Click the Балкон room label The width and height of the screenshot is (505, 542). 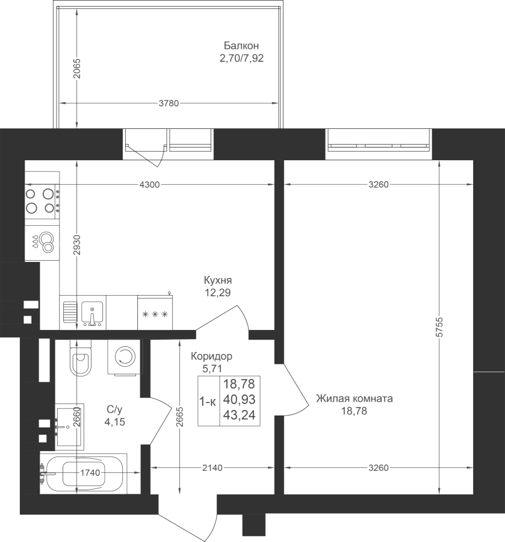[x=241, y=46]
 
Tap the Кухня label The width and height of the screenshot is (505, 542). [x=218, y=279]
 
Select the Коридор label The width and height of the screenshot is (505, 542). [x=211, y=356]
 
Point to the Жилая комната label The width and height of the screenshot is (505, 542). [x=355, y=399]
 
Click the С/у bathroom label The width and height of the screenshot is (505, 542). [x=114, y=410]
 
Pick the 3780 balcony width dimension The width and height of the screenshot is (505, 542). [x=169, y=104]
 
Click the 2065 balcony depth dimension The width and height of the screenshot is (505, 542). [x=76, y=68]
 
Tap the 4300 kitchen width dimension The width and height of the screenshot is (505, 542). [x=149, y=185]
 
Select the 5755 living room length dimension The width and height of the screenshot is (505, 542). [x=439, y=327]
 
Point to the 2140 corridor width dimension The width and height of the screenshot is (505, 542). [x=212, y=468]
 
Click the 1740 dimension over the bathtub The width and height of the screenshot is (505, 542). [x=90, y=473]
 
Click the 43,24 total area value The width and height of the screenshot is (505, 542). [x=240, y=415]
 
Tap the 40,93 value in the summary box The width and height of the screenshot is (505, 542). [x=240, y=400]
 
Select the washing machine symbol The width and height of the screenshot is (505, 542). [x=125, y=357]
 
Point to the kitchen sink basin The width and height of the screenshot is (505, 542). [x=92, y=312]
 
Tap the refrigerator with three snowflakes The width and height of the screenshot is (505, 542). [x=155, y=313]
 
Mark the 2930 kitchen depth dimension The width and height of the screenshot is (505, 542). [x=76, y=245]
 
